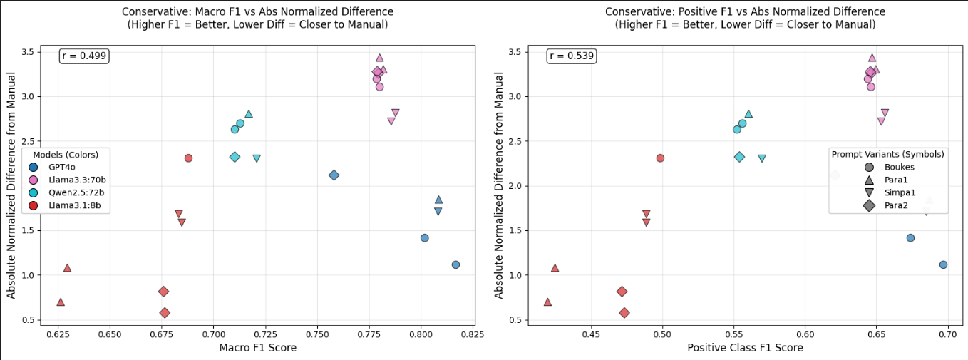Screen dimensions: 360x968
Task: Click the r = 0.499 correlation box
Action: [x=84, y=56]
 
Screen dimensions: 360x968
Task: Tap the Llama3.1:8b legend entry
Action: [x=70, y=205]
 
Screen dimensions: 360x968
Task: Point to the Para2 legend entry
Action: [x=887, y=205]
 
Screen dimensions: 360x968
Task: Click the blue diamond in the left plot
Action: [x=334, y=175]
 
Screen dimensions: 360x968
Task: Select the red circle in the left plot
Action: [x=188, y=158]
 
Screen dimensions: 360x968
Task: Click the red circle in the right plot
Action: [x=660, y=158]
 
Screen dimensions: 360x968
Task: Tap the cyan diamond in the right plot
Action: [x=739, y=157]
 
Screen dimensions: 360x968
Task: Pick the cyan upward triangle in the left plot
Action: [x=249, y=114]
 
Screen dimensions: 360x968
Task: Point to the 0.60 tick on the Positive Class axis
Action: [x=805, y=334]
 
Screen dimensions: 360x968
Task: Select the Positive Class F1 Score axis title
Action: [x=745, y=348]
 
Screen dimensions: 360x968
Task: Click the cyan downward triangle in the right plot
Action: [x=762, y=158]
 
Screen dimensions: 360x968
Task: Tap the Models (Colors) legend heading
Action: [x=66, y=154]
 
